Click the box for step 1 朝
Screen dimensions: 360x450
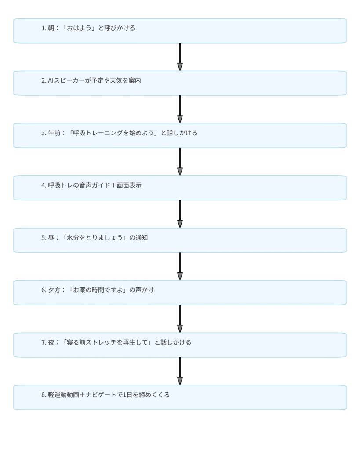click(x=180, y=31)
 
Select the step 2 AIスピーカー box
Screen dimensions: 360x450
click(x=180, y=83)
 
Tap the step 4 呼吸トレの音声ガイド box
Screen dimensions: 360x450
click(x=180, y=188)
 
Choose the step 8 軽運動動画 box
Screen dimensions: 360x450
click(x=180, y=397)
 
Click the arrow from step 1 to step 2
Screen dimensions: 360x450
click(x=180, y=57)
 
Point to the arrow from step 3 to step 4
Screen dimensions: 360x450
click(x=180, y=162)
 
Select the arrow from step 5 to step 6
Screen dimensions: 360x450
click(x=180, y=266)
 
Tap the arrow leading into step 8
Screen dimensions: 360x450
click(x=180, y=371)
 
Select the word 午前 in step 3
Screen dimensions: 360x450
click(x=54, y=133)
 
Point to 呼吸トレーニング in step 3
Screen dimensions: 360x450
click(x=98, y=133)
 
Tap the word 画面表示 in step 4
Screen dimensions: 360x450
click(x=129, y=185)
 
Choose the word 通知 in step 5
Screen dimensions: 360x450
click(x=142, y=238)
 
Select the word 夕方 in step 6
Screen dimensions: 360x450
click(x=54, y=290)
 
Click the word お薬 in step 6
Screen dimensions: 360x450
click(x=79, y=290)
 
